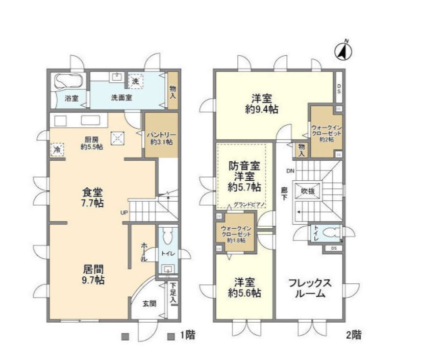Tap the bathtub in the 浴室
68,82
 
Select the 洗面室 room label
121,98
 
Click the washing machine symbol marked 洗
135,81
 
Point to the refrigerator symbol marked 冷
57,150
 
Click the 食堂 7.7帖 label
93,198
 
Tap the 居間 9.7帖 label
93,274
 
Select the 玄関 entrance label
149,303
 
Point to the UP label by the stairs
124,213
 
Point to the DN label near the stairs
290,171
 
